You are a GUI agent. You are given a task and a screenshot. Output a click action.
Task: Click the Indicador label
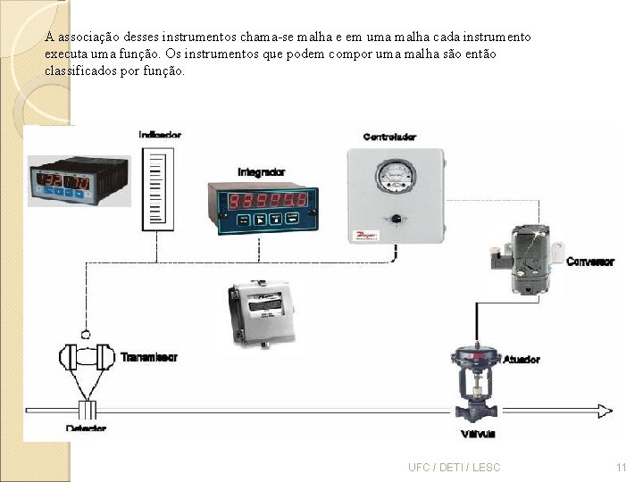point(160,135)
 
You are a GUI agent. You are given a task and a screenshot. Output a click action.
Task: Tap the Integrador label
point(261,171)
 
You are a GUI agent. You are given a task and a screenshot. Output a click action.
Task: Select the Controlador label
point(389,137)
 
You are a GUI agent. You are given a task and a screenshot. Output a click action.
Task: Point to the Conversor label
point(590,262)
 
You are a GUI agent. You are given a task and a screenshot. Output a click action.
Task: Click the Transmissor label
point(149,357)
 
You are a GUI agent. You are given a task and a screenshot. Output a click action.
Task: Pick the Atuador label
point(521,359)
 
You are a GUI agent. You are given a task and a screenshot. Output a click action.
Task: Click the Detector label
point(86,429)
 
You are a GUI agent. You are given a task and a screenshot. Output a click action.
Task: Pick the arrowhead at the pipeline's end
point(605,411)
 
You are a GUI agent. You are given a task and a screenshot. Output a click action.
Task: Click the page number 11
point(622,467)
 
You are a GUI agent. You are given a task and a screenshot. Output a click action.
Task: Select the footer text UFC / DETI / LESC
point(454,467)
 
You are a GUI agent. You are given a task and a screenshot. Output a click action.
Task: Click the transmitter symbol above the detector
point(87,358)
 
